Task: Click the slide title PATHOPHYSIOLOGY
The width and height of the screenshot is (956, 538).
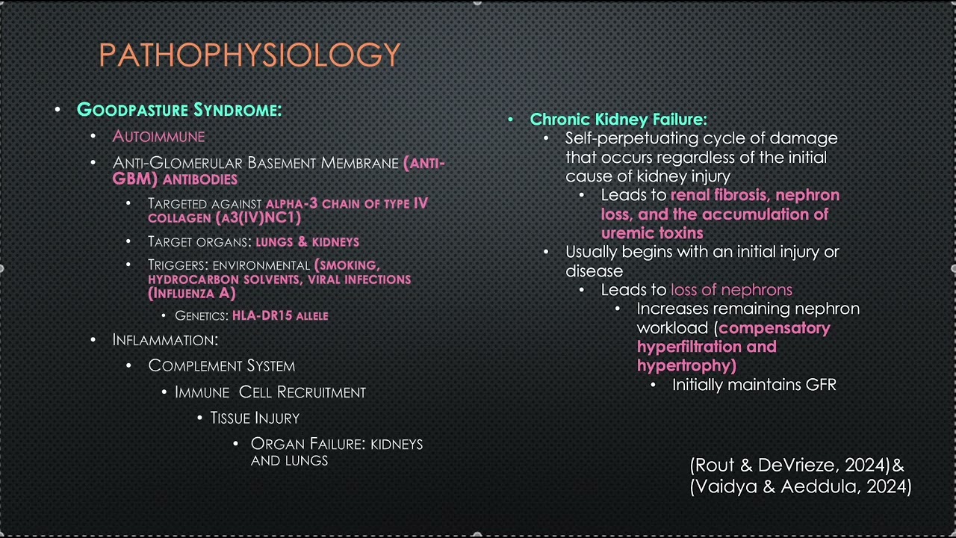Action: (249, 55)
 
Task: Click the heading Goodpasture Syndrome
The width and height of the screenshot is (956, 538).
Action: (179, 110)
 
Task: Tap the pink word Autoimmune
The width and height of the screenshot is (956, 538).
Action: (158, 136)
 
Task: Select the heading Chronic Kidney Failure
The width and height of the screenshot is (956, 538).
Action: (618, 119)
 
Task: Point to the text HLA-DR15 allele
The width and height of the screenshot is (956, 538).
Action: (280, 316)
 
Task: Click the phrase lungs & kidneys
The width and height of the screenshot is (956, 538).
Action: (307, 242)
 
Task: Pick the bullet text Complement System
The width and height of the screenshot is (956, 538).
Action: (221, 365)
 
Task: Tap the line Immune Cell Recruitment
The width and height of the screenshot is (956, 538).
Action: (270, 392)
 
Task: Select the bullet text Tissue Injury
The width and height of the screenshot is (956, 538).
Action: (255, 418)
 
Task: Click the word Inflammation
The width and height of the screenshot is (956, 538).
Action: (165, 340)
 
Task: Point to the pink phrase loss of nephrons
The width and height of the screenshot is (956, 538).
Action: (731, 290)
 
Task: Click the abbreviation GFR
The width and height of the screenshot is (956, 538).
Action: (821, 385)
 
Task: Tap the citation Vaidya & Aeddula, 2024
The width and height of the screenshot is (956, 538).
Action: (801, 487)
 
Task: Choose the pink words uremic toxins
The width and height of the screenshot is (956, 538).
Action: (652, 233)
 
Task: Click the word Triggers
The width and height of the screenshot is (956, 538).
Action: (177, 265)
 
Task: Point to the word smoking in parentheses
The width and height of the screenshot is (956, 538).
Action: (350, 265)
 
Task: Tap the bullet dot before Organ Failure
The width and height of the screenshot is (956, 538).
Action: (236, 444)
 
